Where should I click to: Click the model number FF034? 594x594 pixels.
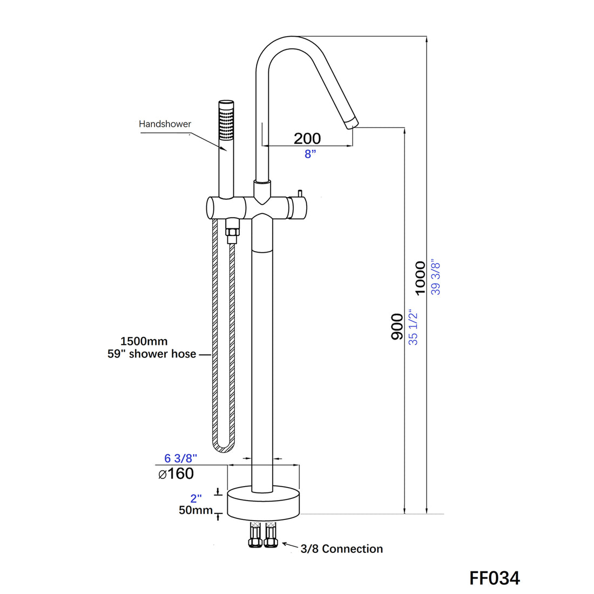[x=494, y=578]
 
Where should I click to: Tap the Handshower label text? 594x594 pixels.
[x=165, y=124]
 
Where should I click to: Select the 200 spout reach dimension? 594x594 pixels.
[x=307, y=138]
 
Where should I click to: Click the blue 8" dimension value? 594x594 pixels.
[x=310, y=154]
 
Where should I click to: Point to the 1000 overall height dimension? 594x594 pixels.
[x=420, y=278]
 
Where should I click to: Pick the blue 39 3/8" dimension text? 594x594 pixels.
[x=436, y=278]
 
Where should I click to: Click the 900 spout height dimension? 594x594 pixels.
[x=397, y=326]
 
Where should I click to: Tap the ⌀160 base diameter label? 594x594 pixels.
[x=176, y=474]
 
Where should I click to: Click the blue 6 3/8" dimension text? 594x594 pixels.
[x=180, y=458]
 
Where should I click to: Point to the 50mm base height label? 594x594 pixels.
[x=195, y=510]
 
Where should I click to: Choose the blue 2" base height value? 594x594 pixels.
[x=195, y=498]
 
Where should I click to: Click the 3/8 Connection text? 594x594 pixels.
[x=341, y=549]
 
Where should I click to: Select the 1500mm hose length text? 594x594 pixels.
[x=144, y=341]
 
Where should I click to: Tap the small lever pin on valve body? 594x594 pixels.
[x=298, y=194]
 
